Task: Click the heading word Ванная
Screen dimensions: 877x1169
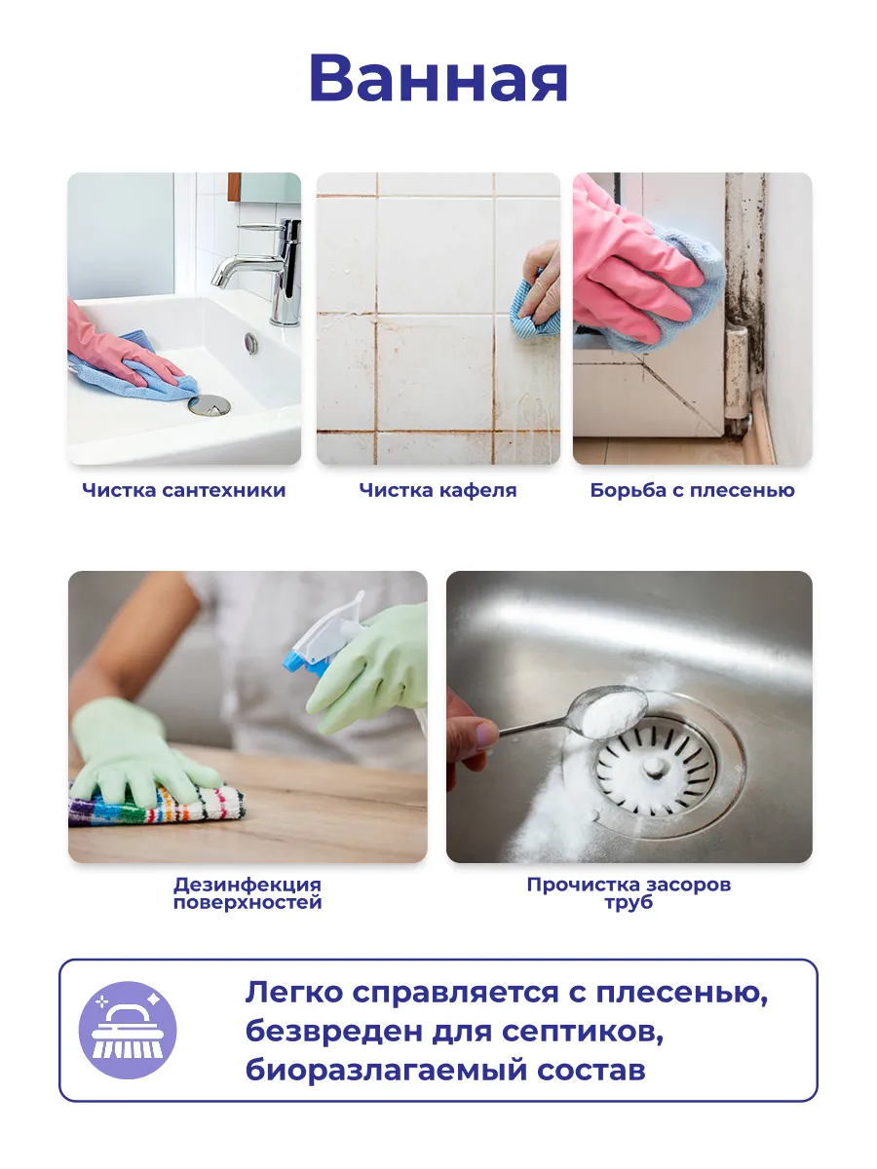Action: coord(438,79)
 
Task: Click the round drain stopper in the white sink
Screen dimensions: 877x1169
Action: coord(210,404)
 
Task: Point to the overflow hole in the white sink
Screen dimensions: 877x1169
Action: coord(251,343)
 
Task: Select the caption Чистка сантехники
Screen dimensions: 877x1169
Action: coord(184,490)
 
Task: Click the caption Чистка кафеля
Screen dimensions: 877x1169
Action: coord(438,490)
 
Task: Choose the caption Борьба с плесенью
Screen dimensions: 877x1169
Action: coord(692,490)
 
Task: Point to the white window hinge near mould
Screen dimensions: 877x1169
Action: coord(738,351)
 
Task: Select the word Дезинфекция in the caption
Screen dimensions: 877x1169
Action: coord(248,886)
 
